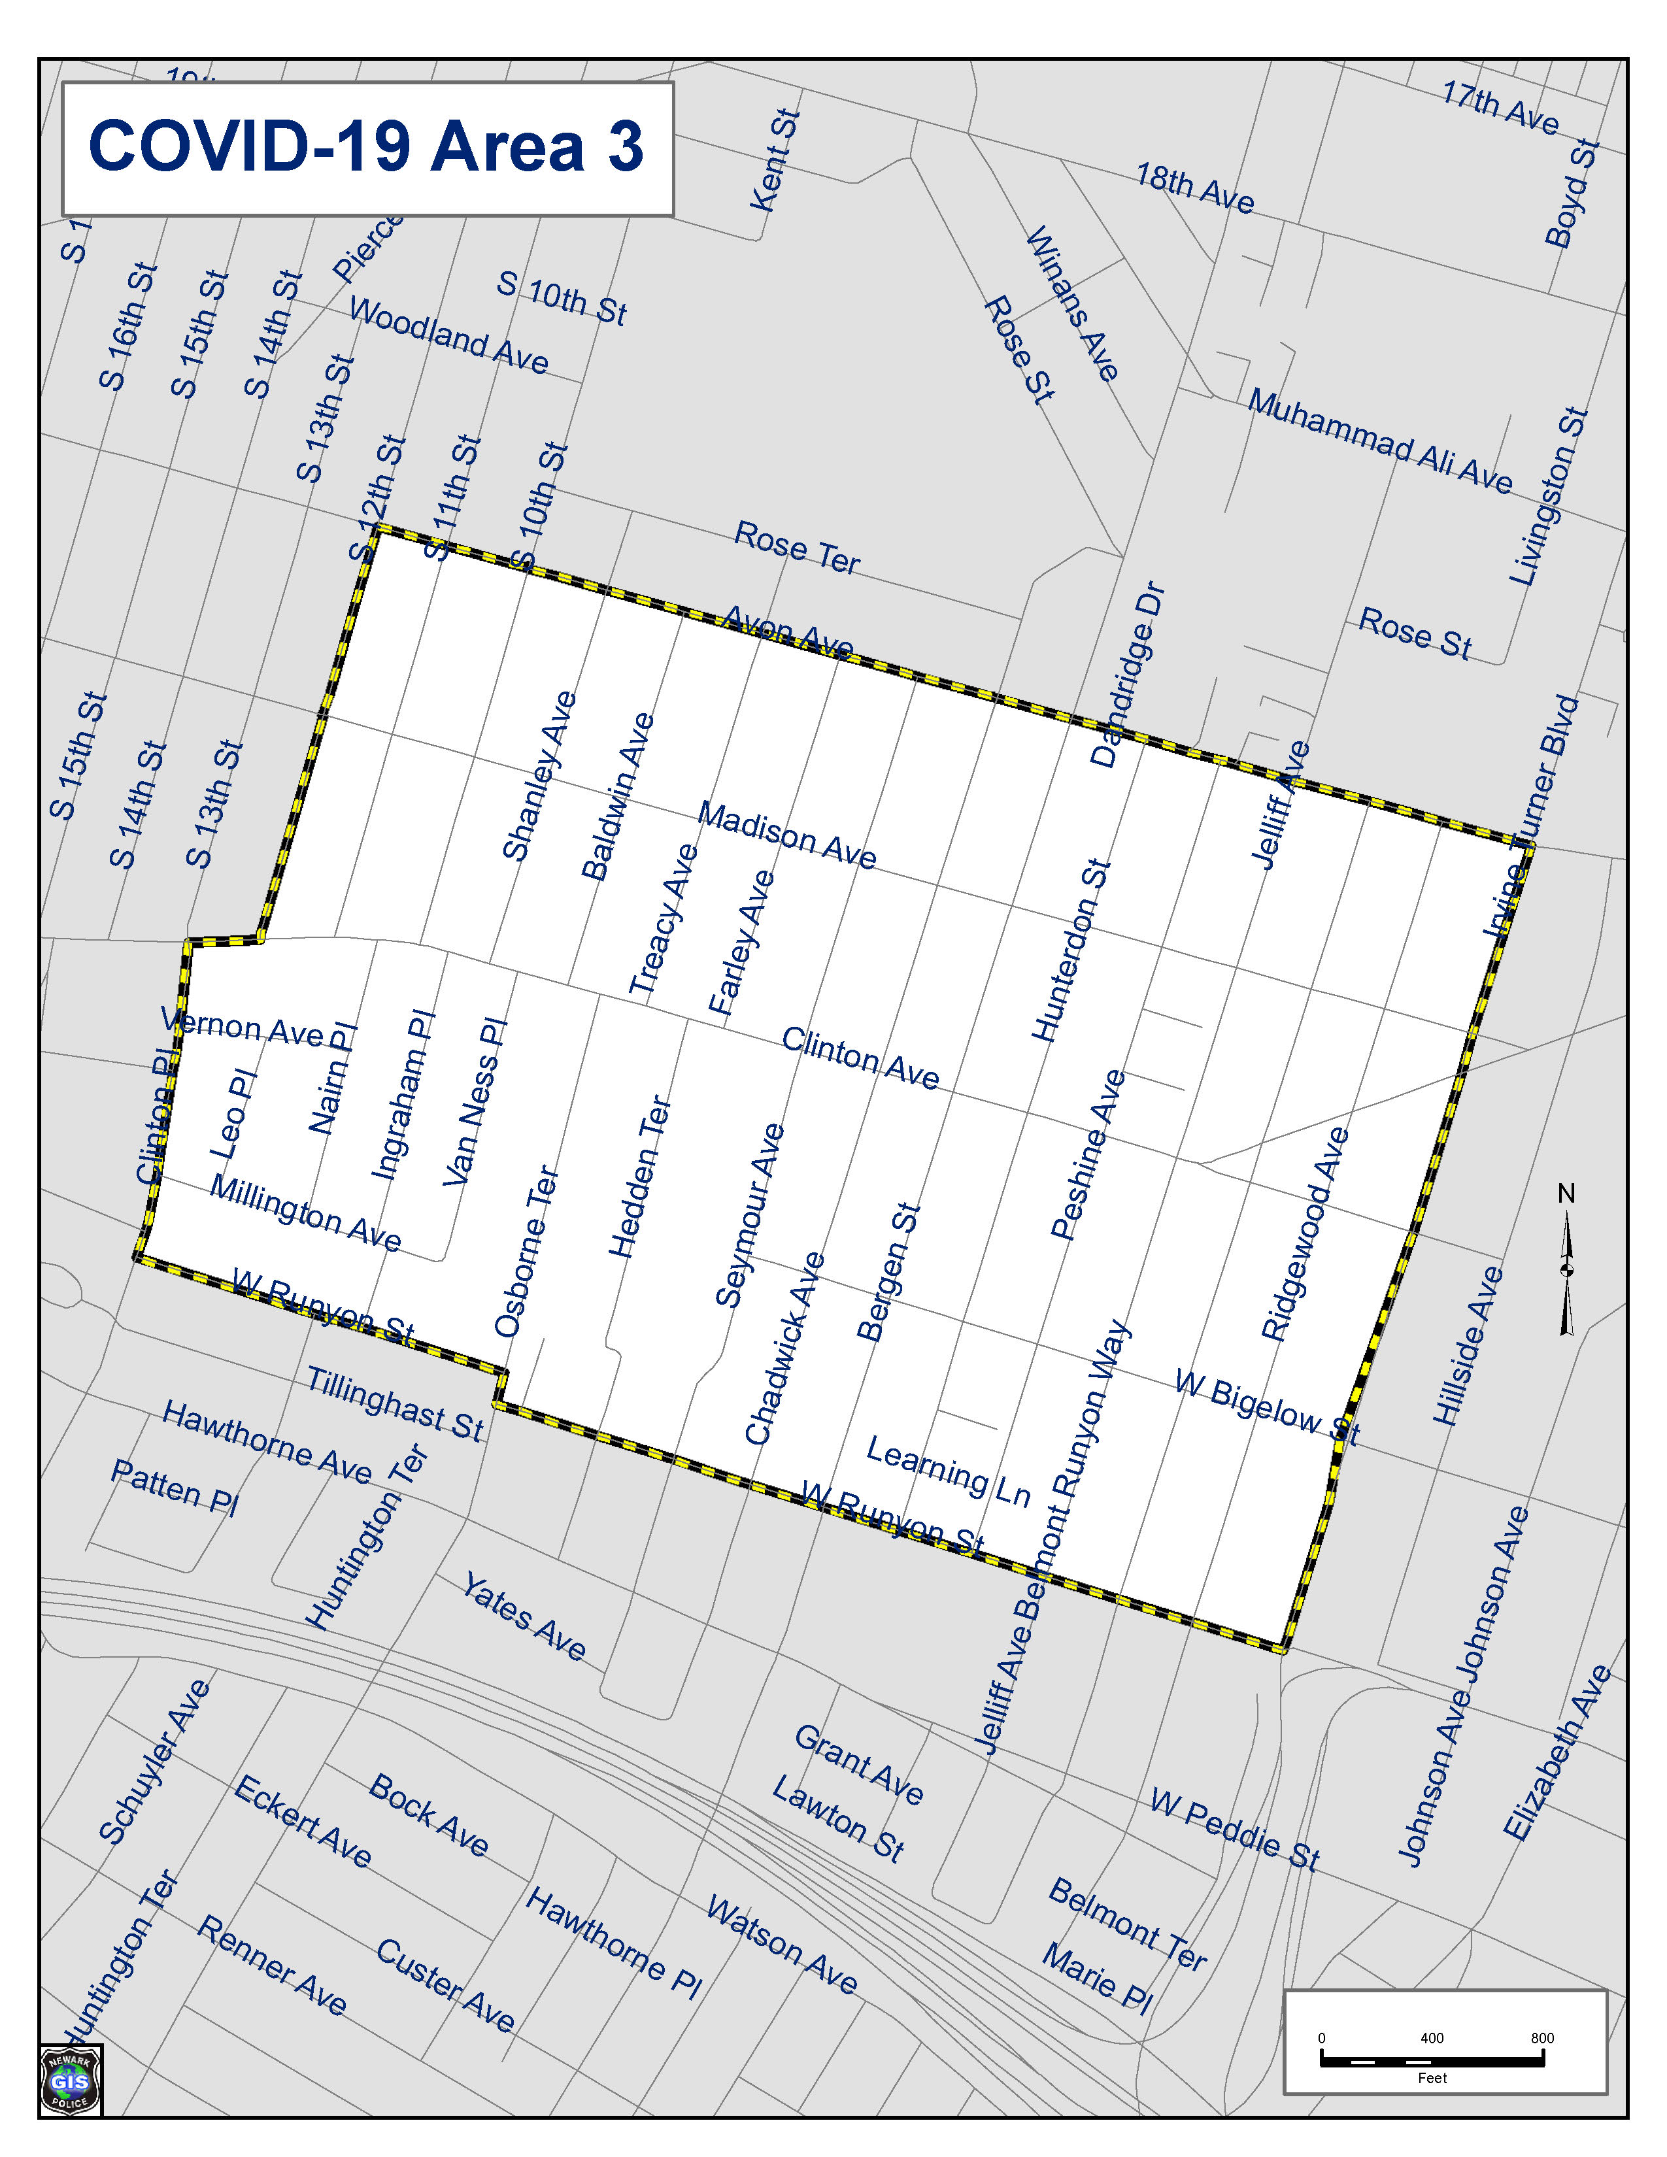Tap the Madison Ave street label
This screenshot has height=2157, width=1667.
pyautogui.click(x=787, y=835)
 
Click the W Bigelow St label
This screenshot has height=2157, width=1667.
pyautogui.click(x=1267, y=1407)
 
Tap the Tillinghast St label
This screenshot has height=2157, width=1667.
pyautogui.click(x=395, y=1403)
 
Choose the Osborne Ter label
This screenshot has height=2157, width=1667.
pyautogui.click(x=526, y=1252)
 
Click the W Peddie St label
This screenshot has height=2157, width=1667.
pyautogui.click(x=1234, y=1829)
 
